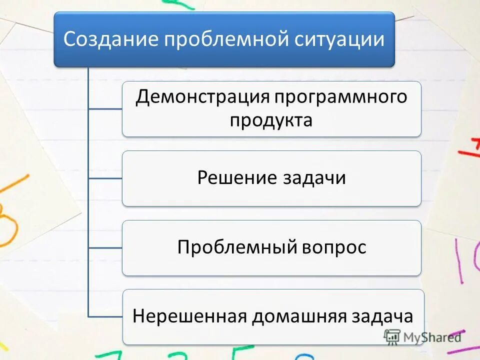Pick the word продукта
click(x=271, y=120)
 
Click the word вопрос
click(x=333, y=247)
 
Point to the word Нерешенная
click(x=189, y=316)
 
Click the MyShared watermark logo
click(x=422, y=336)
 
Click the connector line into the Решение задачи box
click(x=105, y=178)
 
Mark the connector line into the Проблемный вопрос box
click(x=105, y=247)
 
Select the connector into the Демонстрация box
click(x=105, y=108)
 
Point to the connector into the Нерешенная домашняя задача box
click(x=105, y=316)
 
